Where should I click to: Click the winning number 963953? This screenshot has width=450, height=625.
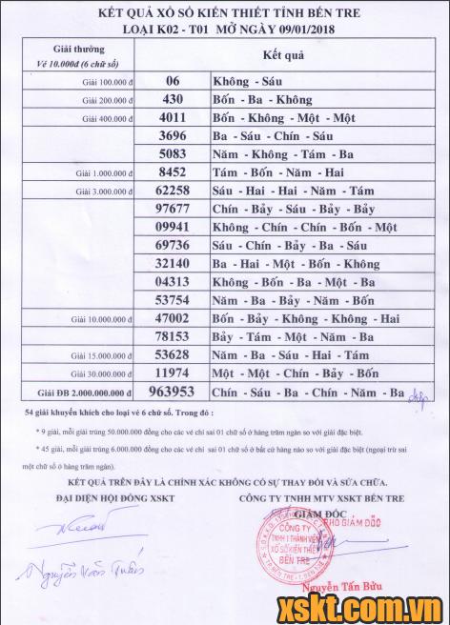(x=180, y=392)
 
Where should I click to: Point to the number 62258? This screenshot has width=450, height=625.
(x=177, y=191)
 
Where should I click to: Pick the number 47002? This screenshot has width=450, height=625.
(x=177, y=318)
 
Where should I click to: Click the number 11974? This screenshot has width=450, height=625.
(x=177, y=373)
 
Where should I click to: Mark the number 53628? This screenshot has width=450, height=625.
(x=177, y=354)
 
